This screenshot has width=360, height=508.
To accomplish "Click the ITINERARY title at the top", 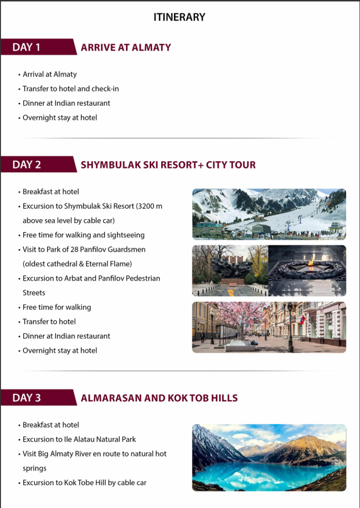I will coord(179,17).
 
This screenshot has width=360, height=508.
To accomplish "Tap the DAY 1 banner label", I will coord(26,47).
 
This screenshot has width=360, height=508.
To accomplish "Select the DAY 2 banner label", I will coord(27,164).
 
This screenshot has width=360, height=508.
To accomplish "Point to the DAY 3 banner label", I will coord(27,397).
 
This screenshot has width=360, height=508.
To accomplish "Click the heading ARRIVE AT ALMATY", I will coord(126,48).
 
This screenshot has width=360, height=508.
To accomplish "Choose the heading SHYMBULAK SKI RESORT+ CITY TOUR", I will coord(168,165).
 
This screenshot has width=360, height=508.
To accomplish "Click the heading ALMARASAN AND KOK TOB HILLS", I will coord(159,398).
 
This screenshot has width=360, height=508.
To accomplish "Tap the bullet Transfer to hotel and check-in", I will coord(70,89).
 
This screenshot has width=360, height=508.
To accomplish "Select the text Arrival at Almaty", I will coord(50,74).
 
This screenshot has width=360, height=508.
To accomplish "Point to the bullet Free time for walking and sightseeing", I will coord(83,235).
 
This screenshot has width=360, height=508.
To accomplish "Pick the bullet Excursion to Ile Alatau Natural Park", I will coord(79,439).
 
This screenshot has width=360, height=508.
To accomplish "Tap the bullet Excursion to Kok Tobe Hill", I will coord(84,482).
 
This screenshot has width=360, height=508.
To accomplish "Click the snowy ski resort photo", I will coord(269,214).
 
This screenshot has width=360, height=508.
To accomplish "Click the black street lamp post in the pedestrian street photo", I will coord(290,327).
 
